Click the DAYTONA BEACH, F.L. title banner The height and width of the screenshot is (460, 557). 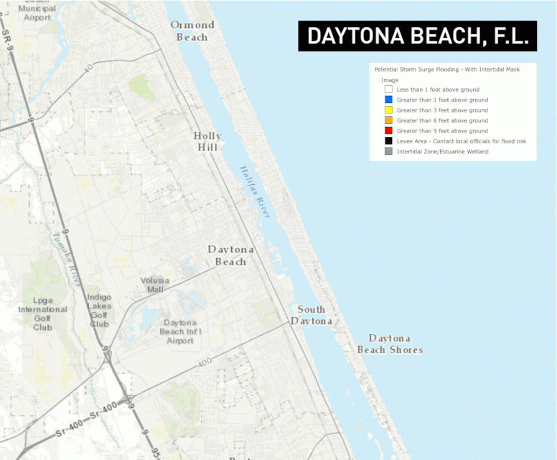coord(417,36)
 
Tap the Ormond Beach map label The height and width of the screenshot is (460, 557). coord(192,31)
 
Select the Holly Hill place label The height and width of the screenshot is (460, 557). coord(208,142)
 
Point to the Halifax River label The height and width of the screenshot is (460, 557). coord(255,191)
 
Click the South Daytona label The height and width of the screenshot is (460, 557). coord(311,315)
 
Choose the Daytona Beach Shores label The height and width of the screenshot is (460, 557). coord(390,344)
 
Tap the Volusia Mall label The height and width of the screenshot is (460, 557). coord(155,285)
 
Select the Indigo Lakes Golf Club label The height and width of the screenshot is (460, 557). coord(99,310)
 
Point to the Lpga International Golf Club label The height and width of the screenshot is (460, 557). coord(43,313)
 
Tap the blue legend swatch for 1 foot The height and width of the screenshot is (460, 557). coord(388,100)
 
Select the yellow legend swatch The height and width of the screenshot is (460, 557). coord(388,110)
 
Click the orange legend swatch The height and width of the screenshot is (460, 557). coord(388,120)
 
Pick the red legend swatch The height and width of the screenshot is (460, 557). coord(388,131)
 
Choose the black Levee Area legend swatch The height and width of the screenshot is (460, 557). coord(388,141)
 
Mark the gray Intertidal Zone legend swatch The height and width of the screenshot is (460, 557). coord(388,152)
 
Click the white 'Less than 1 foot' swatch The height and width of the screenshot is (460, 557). coord(388,89)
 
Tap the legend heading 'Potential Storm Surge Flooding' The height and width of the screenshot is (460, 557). coord(447,70)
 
